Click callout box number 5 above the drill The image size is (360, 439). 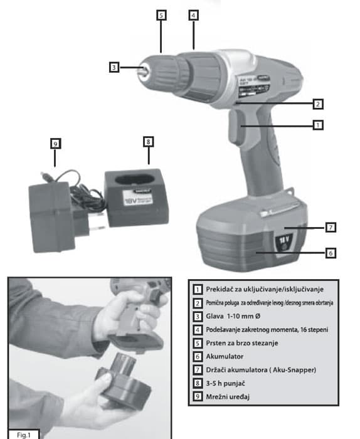pyautogui.click(x=161, y=15)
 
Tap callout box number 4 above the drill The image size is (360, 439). pyautogui.click(x=193, y=15)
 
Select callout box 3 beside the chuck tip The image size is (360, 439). pyautogui.click(x=114, y=68)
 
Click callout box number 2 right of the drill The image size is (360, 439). pyautogui.click(x=318, y=104)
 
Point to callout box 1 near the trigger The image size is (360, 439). pyautogui.click(x=318, y=125)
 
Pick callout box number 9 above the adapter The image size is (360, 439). pyautogui.click(x=55, y=144)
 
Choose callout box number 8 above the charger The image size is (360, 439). pyautogui.click(x=149, y=142)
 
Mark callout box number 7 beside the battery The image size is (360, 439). pyautogui.click(x=331, y=227)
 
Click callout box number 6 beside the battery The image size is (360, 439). pyautogui.click(x=331, y=253)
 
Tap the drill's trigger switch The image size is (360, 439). pyautogui.click(x=236, y=126)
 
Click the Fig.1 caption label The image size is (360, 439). pyautogui.click(x=23, y=435)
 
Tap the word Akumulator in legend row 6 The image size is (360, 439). pyautogui.click(x=225, y=356)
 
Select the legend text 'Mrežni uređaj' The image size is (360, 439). pyautogui.click(x=228, y=397)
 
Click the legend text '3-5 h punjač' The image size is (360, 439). pyautogui.click(x=225, y=383)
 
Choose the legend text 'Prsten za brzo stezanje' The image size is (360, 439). pyautogui.click(x=242, y=343)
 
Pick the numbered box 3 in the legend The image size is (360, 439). pyautogui.click(x=198, y=316)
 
